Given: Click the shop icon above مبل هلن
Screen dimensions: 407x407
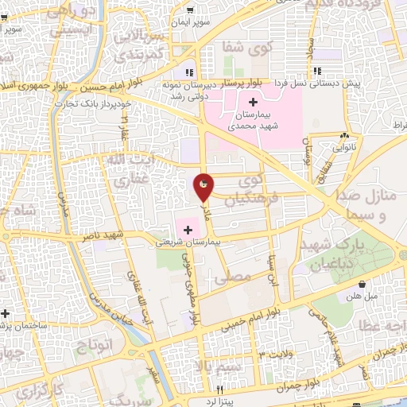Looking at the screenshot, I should [362, 284].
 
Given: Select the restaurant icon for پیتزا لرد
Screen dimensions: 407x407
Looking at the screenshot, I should [221, 390].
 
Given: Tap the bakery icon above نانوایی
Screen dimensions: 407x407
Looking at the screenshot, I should [343, 137].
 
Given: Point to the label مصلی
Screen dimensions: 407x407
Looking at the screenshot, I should [239, 276].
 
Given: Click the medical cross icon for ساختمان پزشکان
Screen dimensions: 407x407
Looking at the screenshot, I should [5, 312].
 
